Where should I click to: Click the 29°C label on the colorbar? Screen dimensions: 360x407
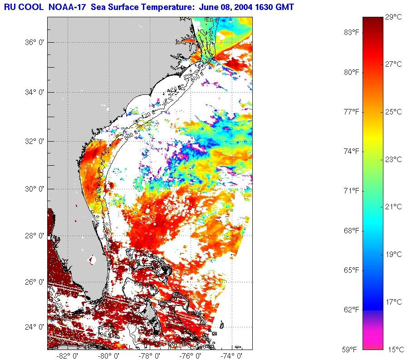pyautogui.click(x=393, y=17)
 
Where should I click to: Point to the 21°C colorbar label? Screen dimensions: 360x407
pyautogui.click(x=393, y=207)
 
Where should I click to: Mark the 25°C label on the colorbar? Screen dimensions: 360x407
pyautogui.click(x=393, y=112)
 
